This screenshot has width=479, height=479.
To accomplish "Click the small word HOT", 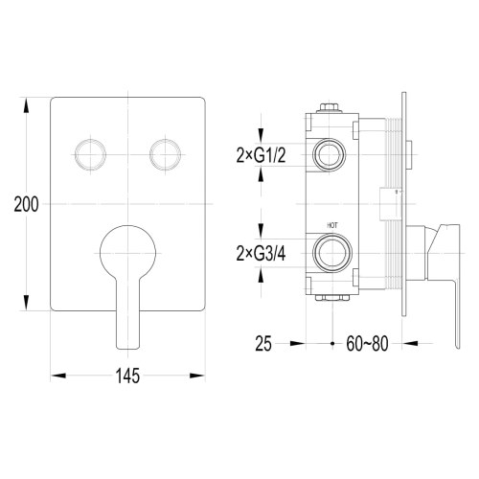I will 332,226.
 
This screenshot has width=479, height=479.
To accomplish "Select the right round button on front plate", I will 164,151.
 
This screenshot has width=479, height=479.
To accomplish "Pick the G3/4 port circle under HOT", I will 331,255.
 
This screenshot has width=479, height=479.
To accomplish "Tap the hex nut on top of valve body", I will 331,106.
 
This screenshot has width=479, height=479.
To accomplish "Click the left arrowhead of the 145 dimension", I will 54,375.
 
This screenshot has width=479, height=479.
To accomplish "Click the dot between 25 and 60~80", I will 331,342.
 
